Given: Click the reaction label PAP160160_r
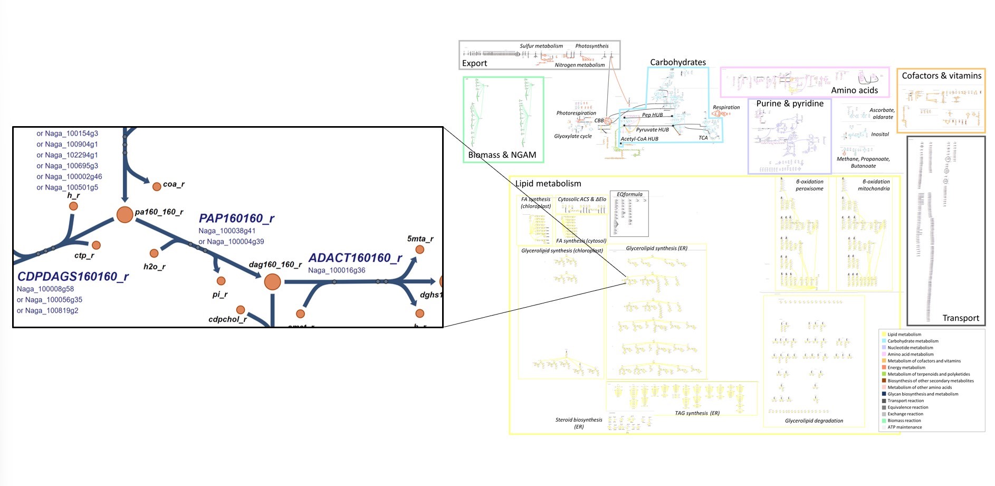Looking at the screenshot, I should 236,218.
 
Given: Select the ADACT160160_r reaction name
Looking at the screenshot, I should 355,258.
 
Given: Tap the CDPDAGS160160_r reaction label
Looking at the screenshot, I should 73,277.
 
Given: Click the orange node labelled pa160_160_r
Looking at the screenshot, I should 125,215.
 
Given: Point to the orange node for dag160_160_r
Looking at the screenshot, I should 272,282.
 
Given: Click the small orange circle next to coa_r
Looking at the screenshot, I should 157,186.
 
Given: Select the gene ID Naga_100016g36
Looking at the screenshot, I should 337,270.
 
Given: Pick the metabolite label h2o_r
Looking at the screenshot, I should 154,266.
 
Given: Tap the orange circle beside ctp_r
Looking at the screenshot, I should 96,245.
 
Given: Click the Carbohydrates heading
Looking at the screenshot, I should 677,62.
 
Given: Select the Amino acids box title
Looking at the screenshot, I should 854,90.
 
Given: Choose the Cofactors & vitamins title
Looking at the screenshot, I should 941,76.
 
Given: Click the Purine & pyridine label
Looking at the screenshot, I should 789,103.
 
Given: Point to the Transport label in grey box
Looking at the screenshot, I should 960,318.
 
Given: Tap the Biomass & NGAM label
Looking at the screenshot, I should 502,155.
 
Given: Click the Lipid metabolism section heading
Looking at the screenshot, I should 548,184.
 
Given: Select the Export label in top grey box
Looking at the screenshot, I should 474,63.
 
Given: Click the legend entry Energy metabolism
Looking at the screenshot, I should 906,368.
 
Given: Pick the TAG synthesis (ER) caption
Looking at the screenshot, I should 697,413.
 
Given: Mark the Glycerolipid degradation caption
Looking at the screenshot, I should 814,421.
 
